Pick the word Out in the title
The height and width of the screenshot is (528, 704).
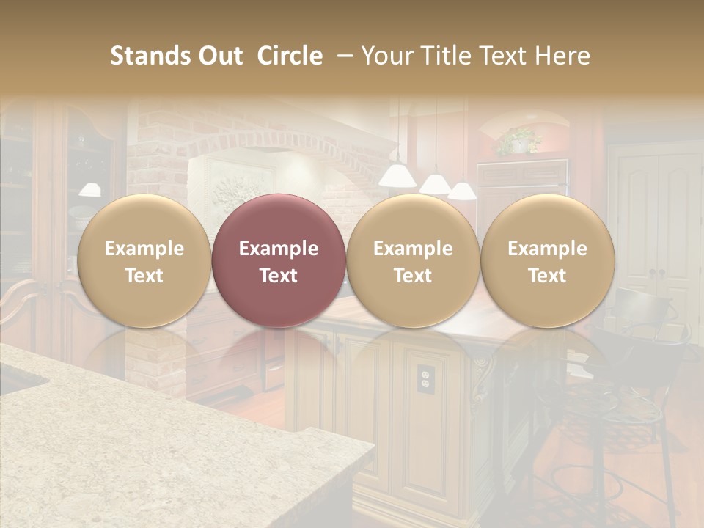point(220,56)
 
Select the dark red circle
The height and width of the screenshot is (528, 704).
point(279,260)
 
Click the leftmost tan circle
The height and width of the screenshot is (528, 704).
point(144,260)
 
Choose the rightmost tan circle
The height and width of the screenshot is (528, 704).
point(547,260)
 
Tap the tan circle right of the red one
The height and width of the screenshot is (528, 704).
point(413,260)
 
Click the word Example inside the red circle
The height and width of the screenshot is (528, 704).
point(279,249)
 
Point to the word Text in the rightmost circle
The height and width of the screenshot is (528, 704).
point(547,276)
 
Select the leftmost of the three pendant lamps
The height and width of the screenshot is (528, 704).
point(397,174)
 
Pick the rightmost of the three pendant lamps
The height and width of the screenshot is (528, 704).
point(461,191)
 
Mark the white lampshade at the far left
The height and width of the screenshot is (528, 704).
point(89,189)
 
